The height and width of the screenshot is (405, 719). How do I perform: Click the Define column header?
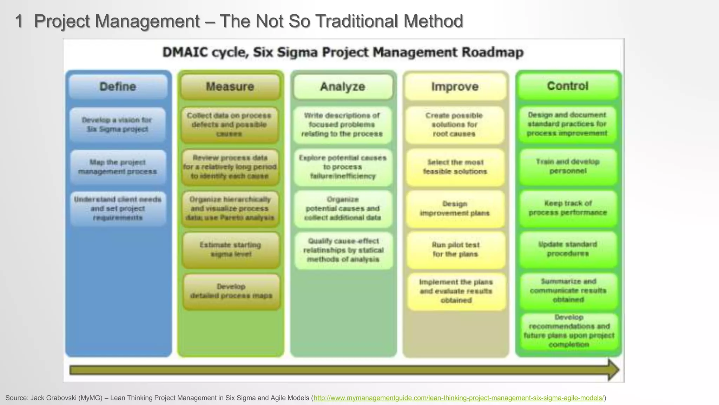[118, 86]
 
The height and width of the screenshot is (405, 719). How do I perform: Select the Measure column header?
[230, 86]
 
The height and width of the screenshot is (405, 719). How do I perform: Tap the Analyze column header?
[343, 86]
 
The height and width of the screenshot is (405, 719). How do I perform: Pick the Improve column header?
[455, 86]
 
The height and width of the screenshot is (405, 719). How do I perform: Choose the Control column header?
[567, 86]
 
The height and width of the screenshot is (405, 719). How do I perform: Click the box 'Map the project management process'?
[118, 167]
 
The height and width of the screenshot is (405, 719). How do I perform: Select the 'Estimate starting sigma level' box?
[231, 250]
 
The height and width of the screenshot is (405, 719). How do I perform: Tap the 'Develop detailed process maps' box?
[231, 291]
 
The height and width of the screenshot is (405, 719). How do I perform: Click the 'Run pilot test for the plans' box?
[455, 250]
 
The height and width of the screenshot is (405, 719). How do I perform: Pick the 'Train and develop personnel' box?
[568, 167]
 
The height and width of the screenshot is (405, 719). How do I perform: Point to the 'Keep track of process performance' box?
[568, 208]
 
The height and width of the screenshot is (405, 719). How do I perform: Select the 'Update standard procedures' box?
[568, 249]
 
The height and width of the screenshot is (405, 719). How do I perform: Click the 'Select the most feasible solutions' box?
[455, 167]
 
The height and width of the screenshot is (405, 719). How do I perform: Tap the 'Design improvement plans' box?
[455, 208]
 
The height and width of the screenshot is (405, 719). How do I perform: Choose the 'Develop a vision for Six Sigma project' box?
[117, 124]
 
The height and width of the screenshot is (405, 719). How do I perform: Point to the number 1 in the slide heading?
[19, 21]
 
